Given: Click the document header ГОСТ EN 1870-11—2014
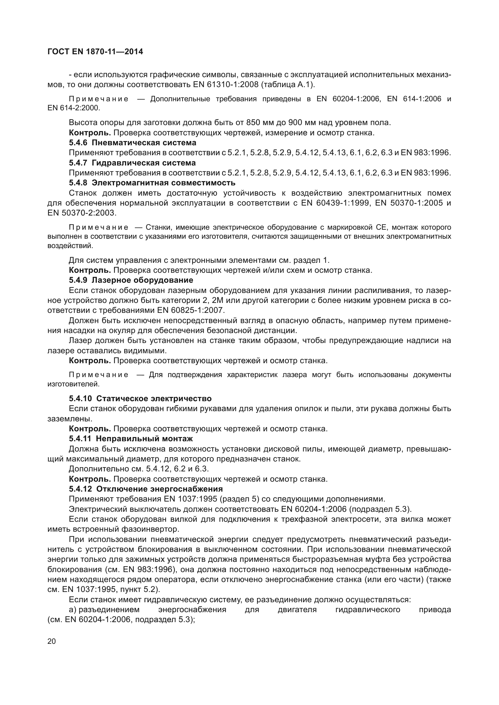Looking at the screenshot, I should [95, 52].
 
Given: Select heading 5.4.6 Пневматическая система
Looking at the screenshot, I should [132, 143].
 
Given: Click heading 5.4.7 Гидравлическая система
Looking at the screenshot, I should [132, 162].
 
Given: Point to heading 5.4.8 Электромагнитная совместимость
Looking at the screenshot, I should [152, 183].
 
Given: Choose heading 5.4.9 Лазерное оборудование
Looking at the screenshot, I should [131, 280].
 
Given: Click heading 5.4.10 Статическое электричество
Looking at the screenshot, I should [140, 398].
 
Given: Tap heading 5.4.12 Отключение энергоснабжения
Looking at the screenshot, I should [146, 489].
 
